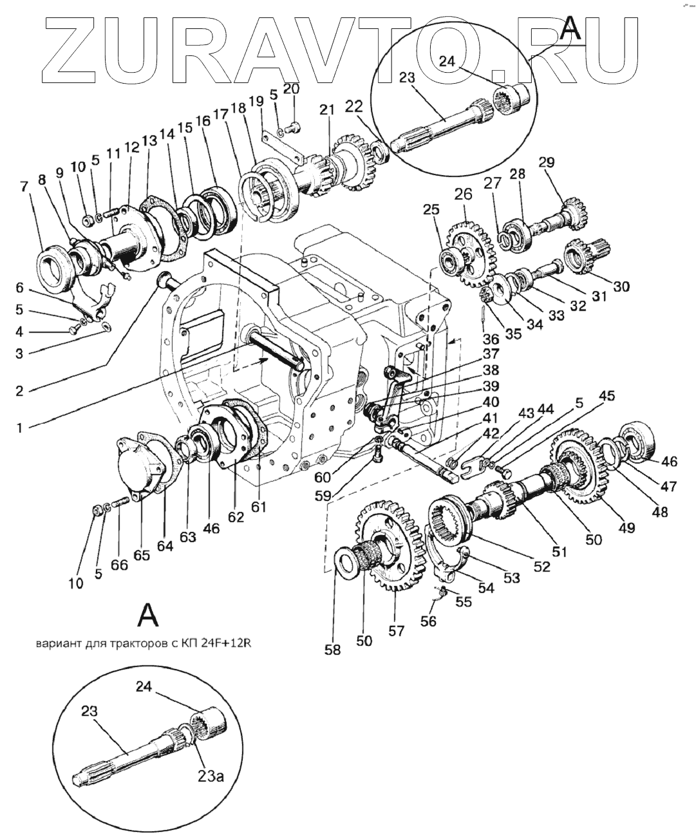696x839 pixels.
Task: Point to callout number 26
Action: tap(463, 194)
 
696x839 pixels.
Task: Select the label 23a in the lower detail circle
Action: tap(211, 777)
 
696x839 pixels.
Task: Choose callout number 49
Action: tap(626, 527)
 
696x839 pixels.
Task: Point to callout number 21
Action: tap(328, 111)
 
